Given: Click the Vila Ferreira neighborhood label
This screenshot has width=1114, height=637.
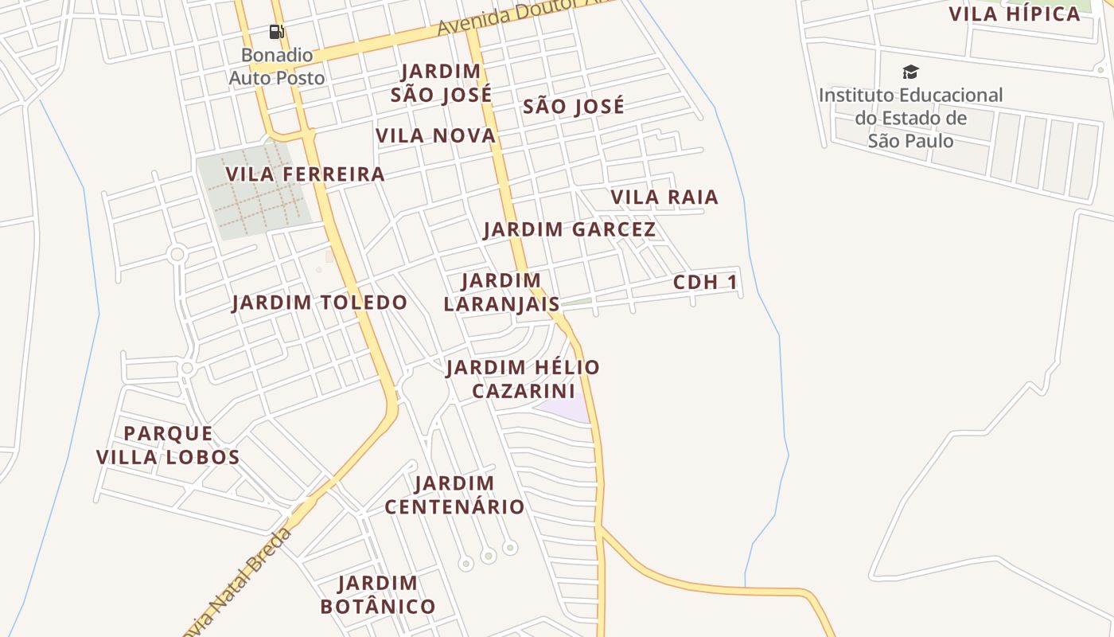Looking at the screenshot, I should click(x=305, y=174).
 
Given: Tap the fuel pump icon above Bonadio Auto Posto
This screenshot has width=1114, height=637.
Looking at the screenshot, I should click(x=276, y=32).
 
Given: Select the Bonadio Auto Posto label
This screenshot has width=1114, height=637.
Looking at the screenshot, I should click(x=277, y=67).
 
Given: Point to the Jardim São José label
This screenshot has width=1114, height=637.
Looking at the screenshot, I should click(x=441, y=83).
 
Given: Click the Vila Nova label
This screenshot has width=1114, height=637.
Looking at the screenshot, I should click(x=436, y=136).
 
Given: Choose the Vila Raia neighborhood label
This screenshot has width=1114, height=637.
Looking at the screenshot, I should click(x=664, y=197).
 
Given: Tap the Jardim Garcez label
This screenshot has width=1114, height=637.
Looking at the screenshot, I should click(x=569, y=230).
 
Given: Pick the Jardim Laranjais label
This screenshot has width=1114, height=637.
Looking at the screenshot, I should click(x=501, y=292).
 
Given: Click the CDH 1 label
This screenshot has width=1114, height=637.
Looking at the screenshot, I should click(x=705, y=283).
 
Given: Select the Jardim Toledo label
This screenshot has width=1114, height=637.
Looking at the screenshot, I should click(x=319, y=303).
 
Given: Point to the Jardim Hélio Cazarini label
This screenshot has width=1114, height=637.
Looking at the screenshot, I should click(x=523, y=379).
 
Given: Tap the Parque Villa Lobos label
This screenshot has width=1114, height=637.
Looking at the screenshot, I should click(x=168, y=445).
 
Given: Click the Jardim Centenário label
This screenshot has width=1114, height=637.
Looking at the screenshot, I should click(x=454, y=494).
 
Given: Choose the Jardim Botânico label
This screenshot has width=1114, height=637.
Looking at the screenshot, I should click(x=378, y=595).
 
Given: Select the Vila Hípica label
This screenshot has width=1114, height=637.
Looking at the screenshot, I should click(x=1015, y=14).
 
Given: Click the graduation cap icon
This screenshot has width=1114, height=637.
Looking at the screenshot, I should click(x=910, y=72).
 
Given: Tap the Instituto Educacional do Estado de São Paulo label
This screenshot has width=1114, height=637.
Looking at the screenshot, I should click(x=910, y=118).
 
